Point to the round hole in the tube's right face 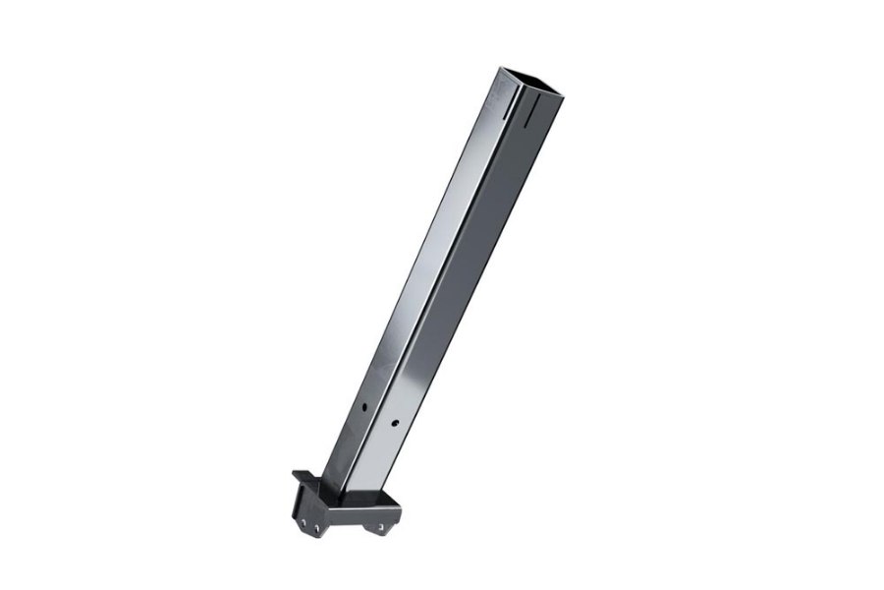[x=395, y=424]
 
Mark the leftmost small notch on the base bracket [x=304, y=523]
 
